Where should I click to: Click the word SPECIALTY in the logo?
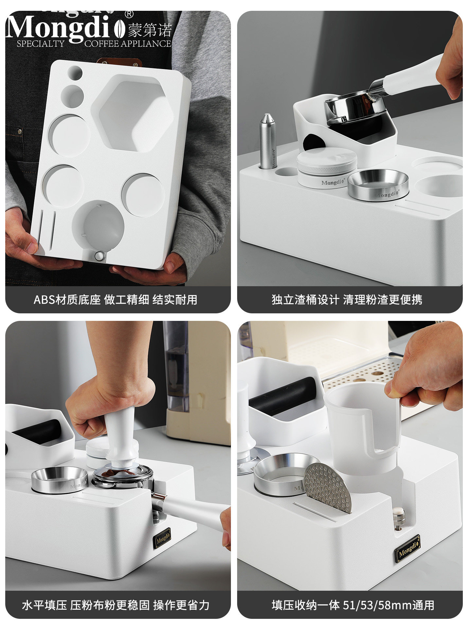tap(41, 44)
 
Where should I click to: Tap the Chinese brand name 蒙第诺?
tap(149, 30)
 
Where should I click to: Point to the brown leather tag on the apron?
tap(119, 62)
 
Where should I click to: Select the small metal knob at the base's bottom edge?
tap(99, 256)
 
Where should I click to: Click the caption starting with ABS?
tap(115, 300)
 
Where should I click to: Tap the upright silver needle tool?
tap(267, 141)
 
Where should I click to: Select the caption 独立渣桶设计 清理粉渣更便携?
tap(347, 300)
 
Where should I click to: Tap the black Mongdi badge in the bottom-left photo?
tap(162, 538)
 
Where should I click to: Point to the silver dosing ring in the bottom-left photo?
tap(60, 480)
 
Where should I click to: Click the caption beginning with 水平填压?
tap(115, 605)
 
